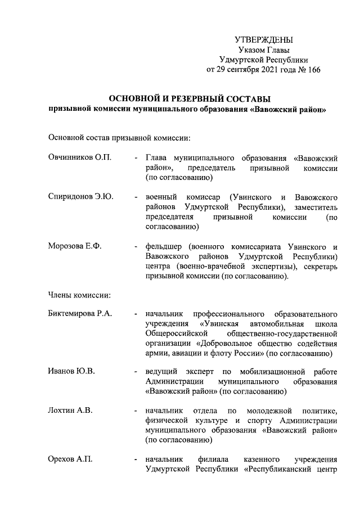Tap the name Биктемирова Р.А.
pyautogui.click(x=81, y=313)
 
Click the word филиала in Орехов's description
pyautogui.click(x=210, y=460)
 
